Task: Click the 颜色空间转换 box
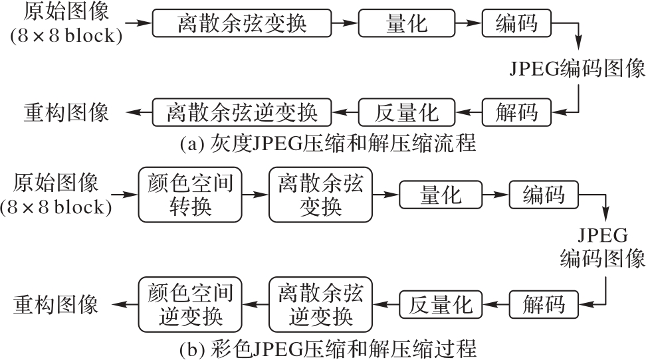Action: click(x=190, y=195)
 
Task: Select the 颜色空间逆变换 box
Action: click(x=190, y=305)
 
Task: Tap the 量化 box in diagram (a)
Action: click(x=406, y=24)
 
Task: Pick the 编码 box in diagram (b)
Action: click(x=544, y=195)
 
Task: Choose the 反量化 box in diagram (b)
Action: click(x=440, y=305)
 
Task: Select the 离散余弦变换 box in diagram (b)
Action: click(x=321, y=195)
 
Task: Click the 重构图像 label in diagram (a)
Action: click(x=66, y=112)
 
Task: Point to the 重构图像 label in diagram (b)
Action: click(x=56, y=305)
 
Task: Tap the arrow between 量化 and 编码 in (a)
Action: click(x=471, y=24)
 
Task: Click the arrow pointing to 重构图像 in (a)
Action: click(x=139, y=112)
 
